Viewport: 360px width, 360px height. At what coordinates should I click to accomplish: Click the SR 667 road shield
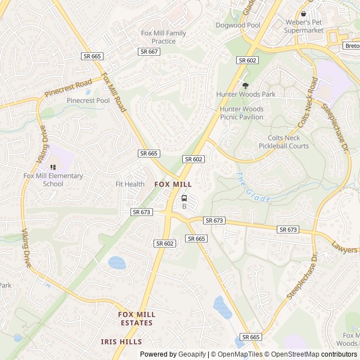tap(149, 52)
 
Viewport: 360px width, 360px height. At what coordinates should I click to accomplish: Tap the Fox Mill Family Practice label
tap(164, 37)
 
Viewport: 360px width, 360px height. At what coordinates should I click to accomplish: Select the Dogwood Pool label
tap(238, 25)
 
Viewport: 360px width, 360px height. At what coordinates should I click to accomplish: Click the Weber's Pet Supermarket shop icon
tap(304, 14)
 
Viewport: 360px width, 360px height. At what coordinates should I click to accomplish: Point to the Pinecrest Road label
tap(68, 88)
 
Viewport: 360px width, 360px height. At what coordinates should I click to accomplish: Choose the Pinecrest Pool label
tap(88, 101)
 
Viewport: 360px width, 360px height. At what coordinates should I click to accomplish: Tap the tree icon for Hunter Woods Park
tap(245, 85)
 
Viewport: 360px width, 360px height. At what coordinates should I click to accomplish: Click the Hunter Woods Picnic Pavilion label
tap(241, 113)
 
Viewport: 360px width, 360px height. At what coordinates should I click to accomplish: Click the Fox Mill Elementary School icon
tap(53, 167)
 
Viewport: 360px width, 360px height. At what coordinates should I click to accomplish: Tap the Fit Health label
tap(130, 184)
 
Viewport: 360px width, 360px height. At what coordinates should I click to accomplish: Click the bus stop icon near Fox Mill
tap(184, 198)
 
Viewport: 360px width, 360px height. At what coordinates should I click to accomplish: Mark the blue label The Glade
tap(253, 188)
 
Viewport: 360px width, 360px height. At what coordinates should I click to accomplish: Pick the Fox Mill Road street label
tap(114, 92)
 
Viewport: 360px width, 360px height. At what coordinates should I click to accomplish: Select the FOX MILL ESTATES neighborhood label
tap(136, 319)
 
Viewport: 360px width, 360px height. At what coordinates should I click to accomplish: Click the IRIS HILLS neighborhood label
tap(121, 341)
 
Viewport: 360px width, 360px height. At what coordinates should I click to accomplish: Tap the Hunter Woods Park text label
tap(246, 94)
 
